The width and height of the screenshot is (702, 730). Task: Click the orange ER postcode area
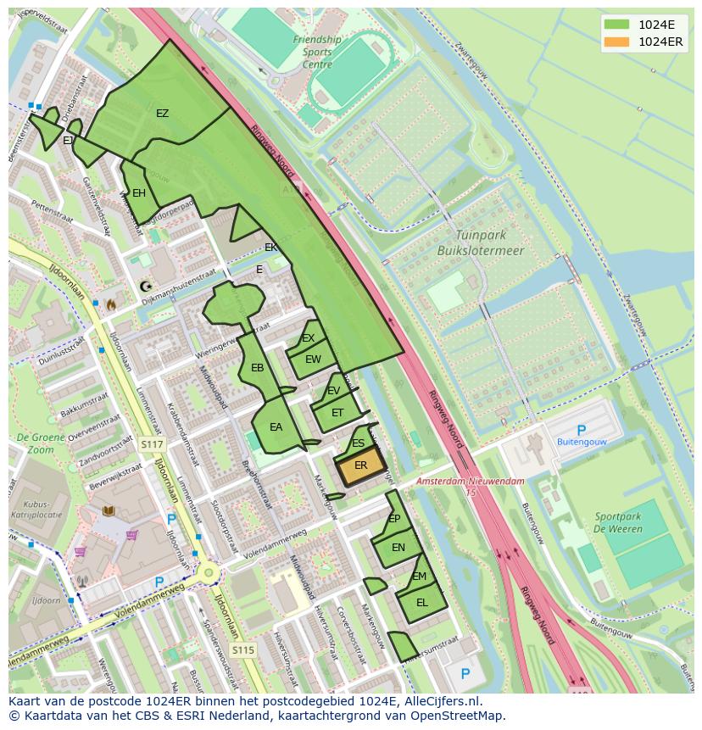[361, 466]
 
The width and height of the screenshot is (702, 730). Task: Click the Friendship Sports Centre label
[317, 52]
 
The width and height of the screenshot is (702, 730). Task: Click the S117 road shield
[152, 444]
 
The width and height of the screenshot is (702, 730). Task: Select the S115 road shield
[243, 650]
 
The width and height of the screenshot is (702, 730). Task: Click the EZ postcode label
[162, 114]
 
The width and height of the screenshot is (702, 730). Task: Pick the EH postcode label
[138, 193]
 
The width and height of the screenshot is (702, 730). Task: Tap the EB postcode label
[258, 368]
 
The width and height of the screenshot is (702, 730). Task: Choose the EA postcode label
[276, 427]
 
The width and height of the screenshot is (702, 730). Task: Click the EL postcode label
[421, 603]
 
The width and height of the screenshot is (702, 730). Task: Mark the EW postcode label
[314, 359]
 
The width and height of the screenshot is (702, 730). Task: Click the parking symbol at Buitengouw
[581, 431]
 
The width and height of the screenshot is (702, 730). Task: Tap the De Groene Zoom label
[35, 444]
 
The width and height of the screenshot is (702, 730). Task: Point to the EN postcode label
[398, 548]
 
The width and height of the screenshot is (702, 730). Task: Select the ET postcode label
[337, 413]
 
